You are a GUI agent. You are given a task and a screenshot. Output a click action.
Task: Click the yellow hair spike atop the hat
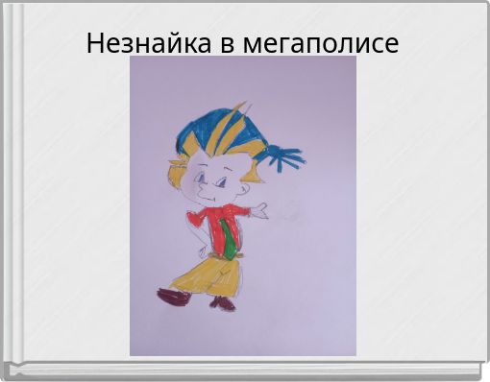pos(240,113)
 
